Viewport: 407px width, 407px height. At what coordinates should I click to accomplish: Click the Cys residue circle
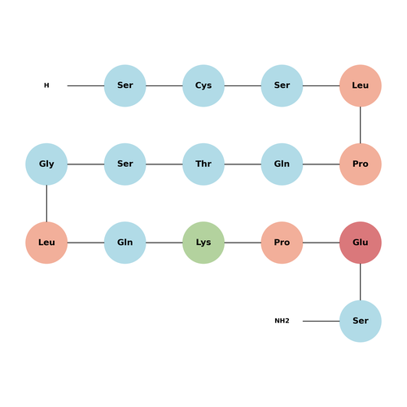pyautogui.click(x=203, y=85)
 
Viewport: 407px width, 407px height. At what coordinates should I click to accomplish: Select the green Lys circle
pyautogui.click(x=203, y=243)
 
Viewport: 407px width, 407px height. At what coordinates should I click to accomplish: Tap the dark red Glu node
pyautogui.click(x=361, y=243)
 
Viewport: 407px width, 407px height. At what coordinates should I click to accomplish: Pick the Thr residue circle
pyautogui.click(x=203, y=164)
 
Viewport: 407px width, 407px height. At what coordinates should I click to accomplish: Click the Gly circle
pyautogui.click(x=46, y=164)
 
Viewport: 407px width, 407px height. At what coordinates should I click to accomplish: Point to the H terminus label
pyautogui.click(x=46, y=85)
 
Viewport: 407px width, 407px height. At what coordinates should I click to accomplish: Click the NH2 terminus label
pyautogui.click(x=282, y=321)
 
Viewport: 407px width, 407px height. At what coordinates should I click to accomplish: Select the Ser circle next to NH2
pyautogui.click(x=361, y=321)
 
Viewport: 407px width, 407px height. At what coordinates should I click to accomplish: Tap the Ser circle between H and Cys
pyautogui.click(x=125, y=85)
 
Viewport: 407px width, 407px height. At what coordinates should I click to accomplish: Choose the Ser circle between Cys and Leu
pyautogui.click(x=282, y=85)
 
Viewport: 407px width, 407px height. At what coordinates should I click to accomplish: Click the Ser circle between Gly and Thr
pyautogui.click(x=125, y=164)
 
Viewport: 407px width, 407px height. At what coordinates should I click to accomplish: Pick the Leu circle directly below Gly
pyautogui.click(x=46, y=243)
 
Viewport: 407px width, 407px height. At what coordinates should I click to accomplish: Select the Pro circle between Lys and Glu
pyautogui.click(x=282, y=243)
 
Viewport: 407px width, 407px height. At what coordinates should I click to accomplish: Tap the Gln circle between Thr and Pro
pyautogui.click(x=282, y=164)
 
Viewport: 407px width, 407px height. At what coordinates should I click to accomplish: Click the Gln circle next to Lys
pyautogui.click(x=125, y=243)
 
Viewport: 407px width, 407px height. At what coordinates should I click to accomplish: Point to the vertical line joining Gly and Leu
pyautogui.click(x=46, y=203)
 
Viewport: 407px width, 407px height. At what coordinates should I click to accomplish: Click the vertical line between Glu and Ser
pyautogui.click(x=361, y=282)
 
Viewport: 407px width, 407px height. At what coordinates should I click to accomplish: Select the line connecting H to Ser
pyautogui.click(x=85, y=85)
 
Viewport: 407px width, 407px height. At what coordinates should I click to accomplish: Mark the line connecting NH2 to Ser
pyautogui.click(x=321, y=321)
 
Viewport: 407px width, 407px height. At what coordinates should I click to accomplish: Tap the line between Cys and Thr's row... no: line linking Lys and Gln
pyautogui.click(x=164, y=243)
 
